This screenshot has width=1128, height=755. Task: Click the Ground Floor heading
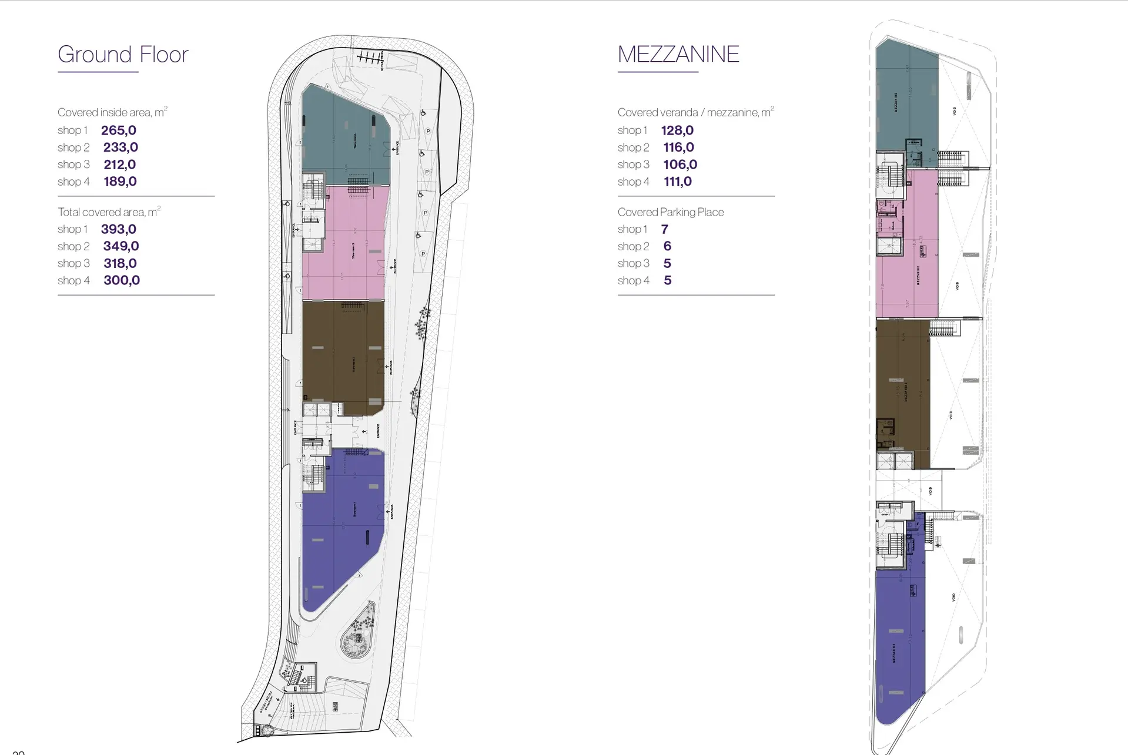pos(123,54)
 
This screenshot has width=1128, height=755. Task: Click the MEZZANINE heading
pos(678,54)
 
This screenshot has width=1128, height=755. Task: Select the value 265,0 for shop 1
pos(118,130)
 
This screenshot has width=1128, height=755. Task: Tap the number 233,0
pos(121,147)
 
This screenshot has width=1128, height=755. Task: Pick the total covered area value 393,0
pos(118,229)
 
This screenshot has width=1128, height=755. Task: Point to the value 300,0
pos(122,280)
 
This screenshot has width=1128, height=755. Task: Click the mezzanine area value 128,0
pos(677,130)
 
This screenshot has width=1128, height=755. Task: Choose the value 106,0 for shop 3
pos(680,165)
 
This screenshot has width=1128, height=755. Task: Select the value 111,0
pos(677,182)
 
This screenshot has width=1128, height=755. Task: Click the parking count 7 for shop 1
pos(664,229)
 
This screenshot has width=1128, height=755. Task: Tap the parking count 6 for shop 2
pos(667,246)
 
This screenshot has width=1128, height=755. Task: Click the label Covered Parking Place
pos(671,212)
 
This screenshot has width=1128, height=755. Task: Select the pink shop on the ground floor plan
pos(344,244)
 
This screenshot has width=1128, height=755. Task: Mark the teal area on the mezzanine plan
pos(905,94)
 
